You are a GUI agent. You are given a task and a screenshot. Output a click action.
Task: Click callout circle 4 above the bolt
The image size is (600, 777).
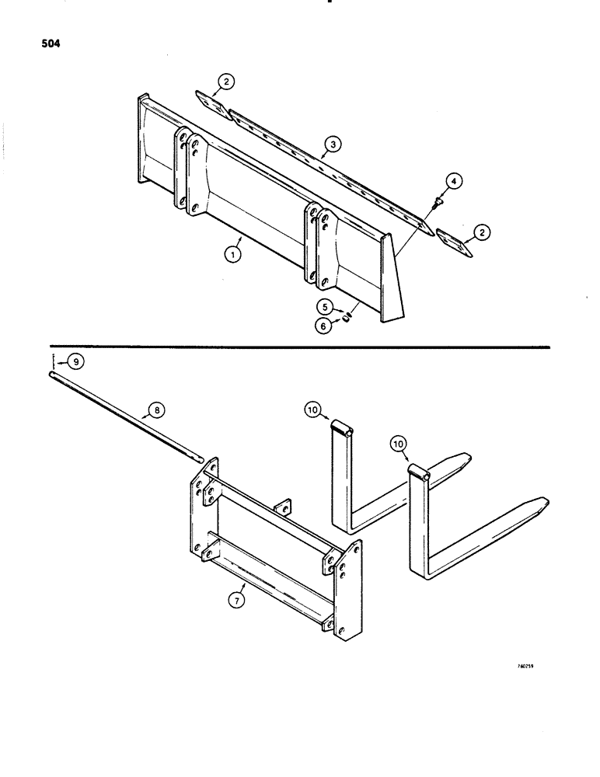[451, 184]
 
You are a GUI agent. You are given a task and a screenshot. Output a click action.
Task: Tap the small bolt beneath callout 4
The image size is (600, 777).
[438, 202]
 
